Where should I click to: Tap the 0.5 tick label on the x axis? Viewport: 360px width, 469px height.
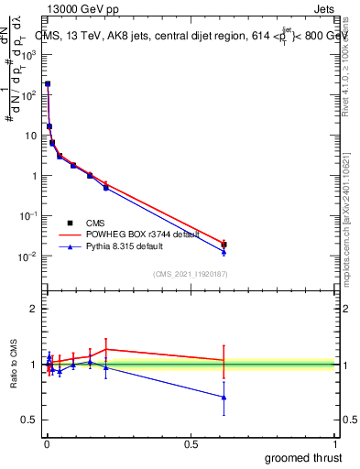[191, 444]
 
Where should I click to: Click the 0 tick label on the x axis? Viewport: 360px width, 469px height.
[46, 444]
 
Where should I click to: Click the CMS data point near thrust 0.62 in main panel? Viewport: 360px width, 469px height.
[224, 245]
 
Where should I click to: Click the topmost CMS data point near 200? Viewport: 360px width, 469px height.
[48, 83]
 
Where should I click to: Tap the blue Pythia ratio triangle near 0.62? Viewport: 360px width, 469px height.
[224, 397]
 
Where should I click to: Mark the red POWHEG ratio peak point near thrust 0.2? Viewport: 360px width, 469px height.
[106, 349]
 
